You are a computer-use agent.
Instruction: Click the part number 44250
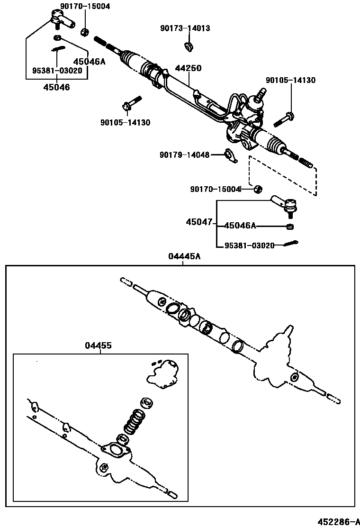pyautogui.click(x=189, y=68)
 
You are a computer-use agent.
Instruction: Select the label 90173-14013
pyautogui.click(x=185, y=28)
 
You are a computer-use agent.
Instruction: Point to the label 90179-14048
pyautogui.click(x=184, y=154)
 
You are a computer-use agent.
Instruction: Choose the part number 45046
pyautogui.click(x=56, y=87)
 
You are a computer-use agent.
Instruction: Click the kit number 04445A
pyautogui.click(x=184, y=256)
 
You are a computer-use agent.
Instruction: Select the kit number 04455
pyautogui.click(x=99, y=345)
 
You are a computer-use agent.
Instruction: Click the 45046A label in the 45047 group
pyautogui.click(x=240, y=226)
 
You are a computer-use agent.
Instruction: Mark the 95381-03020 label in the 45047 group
pyautogui.click(x=249, y=245)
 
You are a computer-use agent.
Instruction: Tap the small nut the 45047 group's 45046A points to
pyautogui.click(x=289, y=226)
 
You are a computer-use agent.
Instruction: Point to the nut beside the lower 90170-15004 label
pyautogui.click(x=258, y=189)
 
